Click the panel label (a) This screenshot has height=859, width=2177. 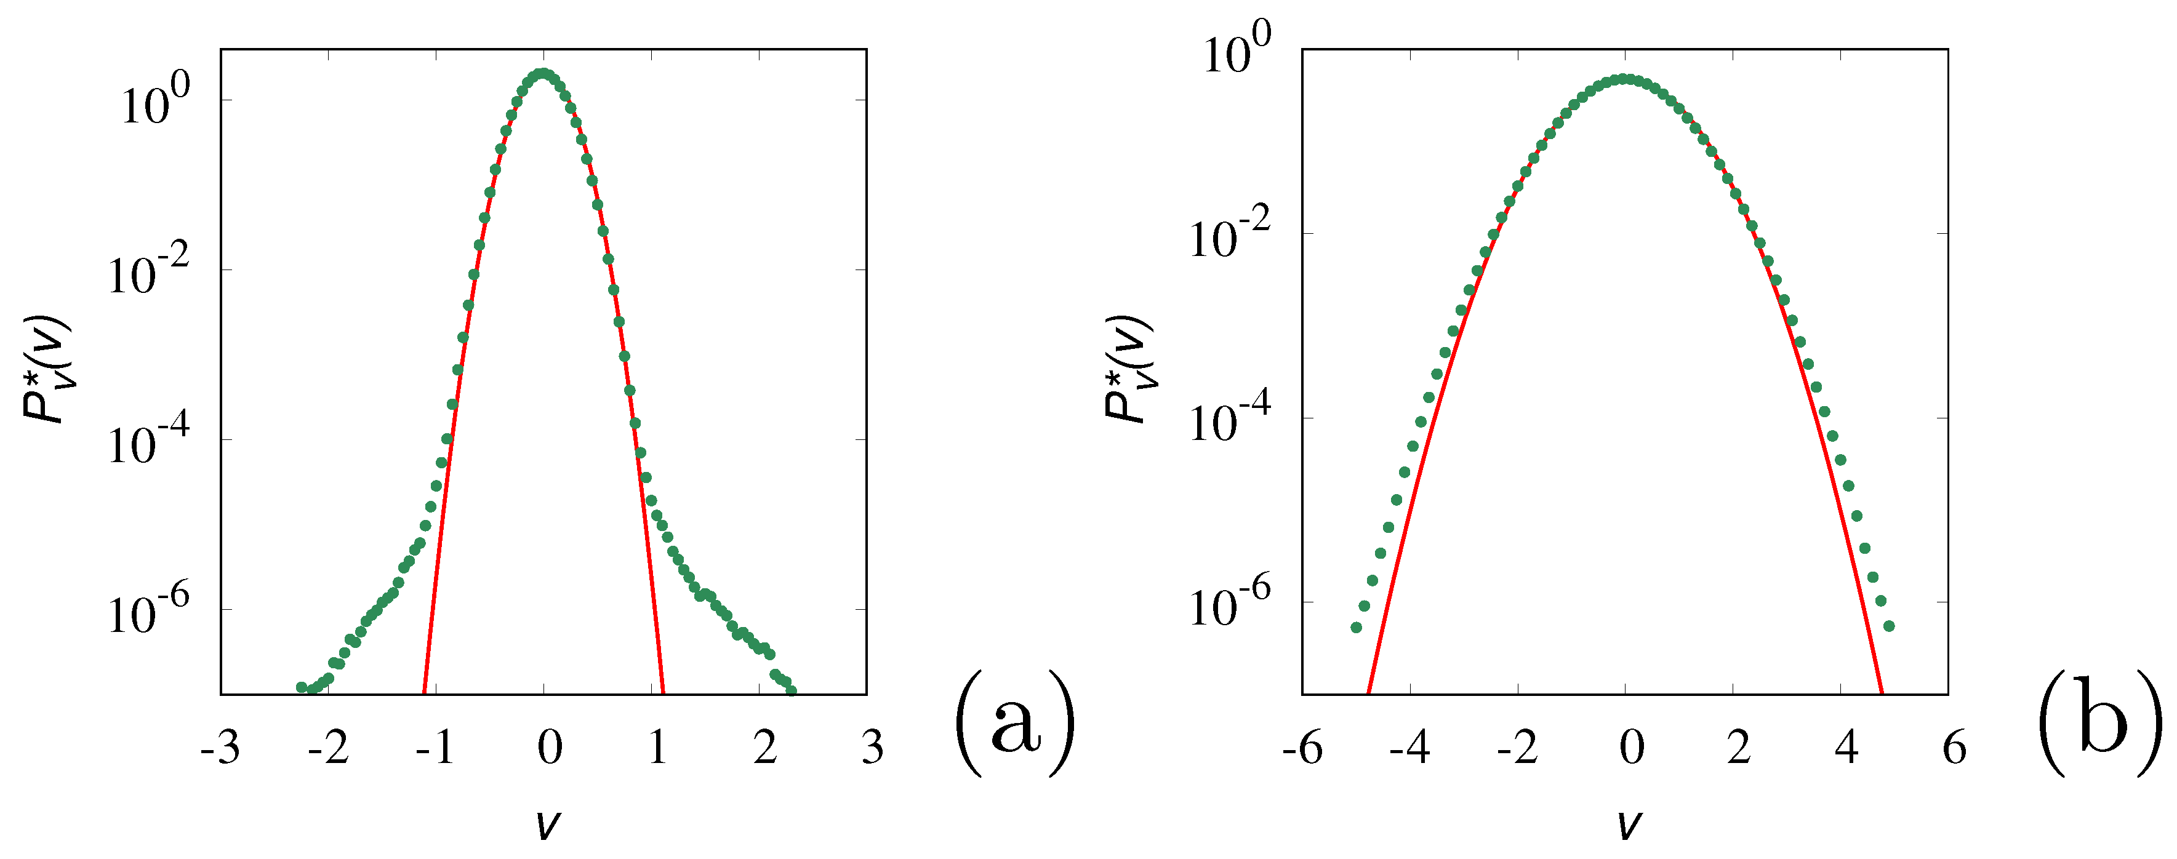1015,723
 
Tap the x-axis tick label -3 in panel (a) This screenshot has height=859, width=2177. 220,748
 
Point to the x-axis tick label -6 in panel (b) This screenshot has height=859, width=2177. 1302,748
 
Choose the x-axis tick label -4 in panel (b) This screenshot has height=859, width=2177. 1409,748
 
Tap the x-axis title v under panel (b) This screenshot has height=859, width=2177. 1628,823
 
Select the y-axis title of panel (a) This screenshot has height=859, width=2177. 47,369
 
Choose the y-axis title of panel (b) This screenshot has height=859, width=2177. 1128,369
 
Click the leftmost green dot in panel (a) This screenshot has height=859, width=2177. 302,687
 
